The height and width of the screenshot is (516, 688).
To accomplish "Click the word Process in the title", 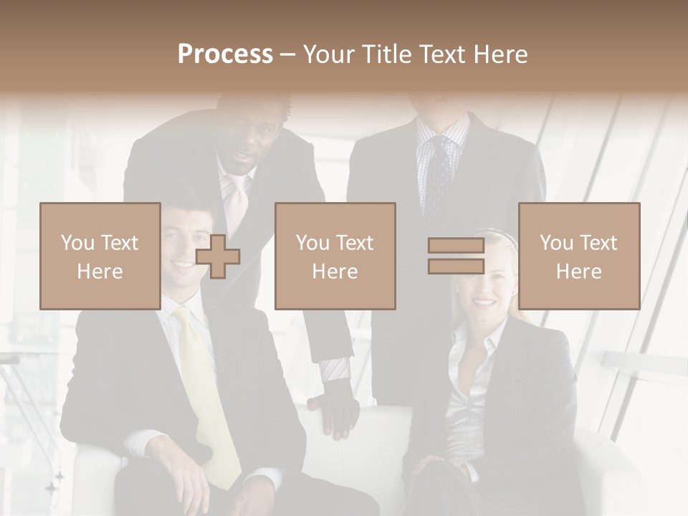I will click(225, 54).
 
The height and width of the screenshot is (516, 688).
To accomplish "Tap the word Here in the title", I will click(497, 54).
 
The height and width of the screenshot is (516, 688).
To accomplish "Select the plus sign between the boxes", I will click(218, 257).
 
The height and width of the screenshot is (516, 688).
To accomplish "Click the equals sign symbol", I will click(456, 256).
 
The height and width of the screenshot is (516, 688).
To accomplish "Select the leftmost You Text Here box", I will click(100, 257).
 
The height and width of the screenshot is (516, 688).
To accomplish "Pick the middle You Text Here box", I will click(335, 257).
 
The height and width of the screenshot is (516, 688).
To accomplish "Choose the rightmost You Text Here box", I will click(578, 257).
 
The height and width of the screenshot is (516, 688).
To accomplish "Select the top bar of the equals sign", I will click(456, 246).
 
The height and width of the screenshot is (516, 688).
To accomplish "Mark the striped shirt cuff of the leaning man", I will click(335, 370).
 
